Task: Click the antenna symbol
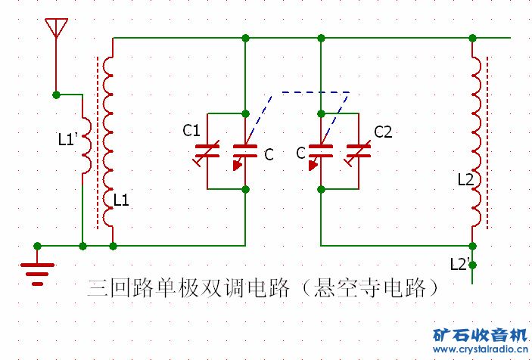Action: (56, 28)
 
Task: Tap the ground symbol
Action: (37, 274)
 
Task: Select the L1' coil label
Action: (68, 139)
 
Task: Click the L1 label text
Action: (121, 200)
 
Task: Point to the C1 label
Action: (191, 131)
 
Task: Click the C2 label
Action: (383, 132)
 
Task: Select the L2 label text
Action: (465, 180)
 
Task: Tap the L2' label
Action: (460, 264)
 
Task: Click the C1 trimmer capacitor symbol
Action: (207, 151)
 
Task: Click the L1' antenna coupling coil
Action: (86, 146)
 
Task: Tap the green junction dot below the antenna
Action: (56, 95)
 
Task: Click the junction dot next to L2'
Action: (472, 265)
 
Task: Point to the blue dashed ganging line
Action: (316, 92)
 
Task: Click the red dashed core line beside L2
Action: (488, 142)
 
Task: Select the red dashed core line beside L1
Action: (98, 142)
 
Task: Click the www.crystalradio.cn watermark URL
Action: (481, 349)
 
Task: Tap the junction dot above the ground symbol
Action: (37, 246)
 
